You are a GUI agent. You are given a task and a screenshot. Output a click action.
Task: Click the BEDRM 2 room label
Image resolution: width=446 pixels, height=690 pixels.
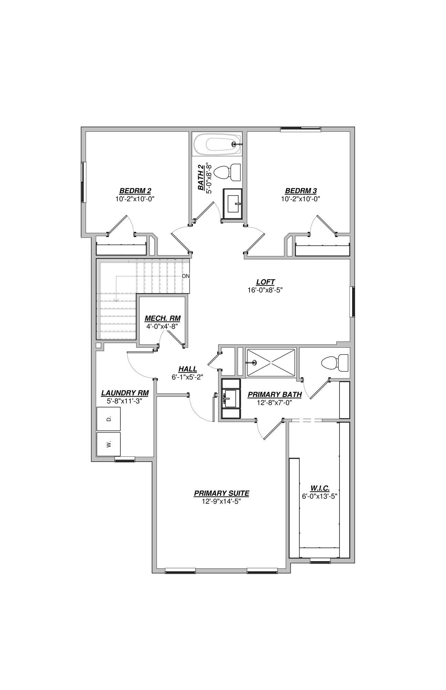[135, 191]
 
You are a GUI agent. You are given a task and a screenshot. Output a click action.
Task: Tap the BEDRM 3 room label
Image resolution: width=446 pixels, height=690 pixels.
[301, 191]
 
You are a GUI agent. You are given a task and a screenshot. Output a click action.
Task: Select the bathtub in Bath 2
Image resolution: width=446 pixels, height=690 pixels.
[217, 145]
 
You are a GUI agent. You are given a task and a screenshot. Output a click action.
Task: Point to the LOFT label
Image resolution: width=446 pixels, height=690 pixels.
[265, 282]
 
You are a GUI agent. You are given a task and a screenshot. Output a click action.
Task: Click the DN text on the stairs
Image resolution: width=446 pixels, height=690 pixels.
[186, 276]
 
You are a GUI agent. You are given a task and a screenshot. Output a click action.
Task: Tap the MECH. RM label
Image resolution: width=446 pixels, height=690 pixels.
[162, 318]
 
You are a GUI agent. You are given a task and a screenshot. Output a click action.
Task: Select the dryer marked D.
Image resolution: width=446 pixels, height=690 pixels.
[109, 419]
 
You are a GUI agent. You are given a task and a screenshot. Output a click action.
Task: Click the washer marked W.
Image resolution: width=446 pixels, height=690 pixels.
[109, 444]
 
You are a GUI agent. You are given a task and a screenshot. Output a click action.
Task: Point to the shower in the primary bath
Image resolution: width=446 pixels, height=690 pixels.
[271, 363]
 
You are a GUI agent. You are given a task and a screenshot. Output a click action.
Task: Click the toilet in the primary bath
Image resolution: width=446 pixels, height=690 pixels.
[334, 363]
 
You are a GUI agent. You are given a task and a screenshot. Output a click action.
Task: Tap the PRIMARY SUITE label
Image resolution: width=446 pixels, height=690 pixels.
[221, 493]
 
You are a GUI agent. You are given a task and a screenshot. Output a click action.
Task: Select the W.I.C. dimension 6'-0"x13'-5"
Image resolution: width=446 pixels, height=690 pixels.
[319, 496]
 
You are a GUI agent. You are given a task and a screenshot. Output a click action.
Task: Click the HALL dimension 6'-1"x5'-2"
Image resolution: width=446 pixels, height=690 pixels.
[187, 377]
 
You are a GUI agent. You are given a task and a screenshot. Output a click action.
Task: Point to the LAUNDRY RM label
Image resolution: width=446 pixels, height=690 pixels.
[125, 393]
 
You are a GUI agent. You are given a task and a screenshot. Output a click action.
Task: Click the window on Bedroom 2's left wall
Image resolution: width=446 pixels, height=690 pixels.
[83, 182]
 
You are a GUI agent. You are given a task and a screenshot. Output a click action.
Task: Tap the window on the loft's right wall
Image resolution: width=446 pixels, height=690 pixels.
[352, 302]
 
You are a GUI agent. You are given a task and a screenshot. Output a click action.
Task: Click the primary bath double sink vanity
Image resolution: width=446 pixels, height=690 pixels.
[231, 398]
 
